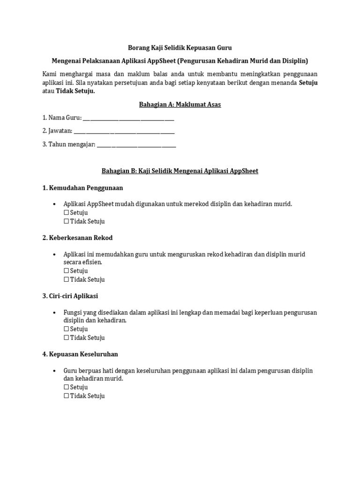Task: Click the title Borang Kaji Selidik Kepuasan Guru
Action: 180,48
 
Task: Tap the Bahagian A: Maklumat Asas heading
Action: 180,105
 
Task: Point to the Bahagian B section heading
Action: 180,171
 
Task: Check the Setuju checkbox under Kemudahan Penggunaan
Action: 66,213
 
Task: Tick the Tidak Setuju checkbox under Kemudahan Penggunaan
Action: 66,221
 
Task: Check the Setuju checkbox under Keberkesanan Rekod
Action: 66,271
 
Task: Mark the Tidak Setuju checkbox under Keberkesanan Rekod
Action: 66,280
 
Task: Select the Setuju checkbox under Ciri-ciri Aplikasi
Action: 66,329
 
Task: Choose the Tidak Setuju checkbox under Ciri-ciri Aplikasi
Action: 66,338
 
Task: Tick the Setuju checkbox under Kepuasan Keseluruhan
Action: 66,387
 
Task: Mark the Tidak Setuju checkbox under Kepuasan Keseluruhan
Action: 66,396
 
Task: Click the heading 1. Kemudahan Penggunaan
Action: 82,187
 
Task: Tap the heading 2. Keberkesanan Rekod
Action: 77,238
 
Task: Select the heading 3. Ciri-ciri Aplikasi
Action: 70,296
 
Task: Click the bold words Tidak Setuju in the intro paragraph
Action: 75,91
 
